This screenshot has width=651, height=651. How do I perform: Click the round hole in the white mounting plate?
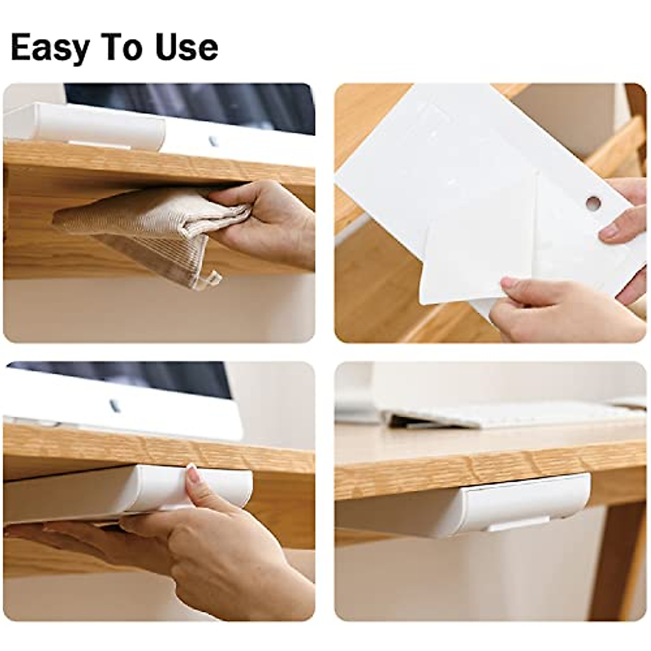point(593,203)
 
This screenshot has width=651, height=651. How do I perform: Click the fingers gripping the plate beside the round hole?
point(624,217)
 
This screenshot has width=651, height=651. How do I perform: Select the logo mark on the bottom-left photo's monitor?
point(114,405)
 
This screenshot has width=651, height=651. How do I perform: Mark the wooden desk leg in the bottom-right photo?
point(618,559)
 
